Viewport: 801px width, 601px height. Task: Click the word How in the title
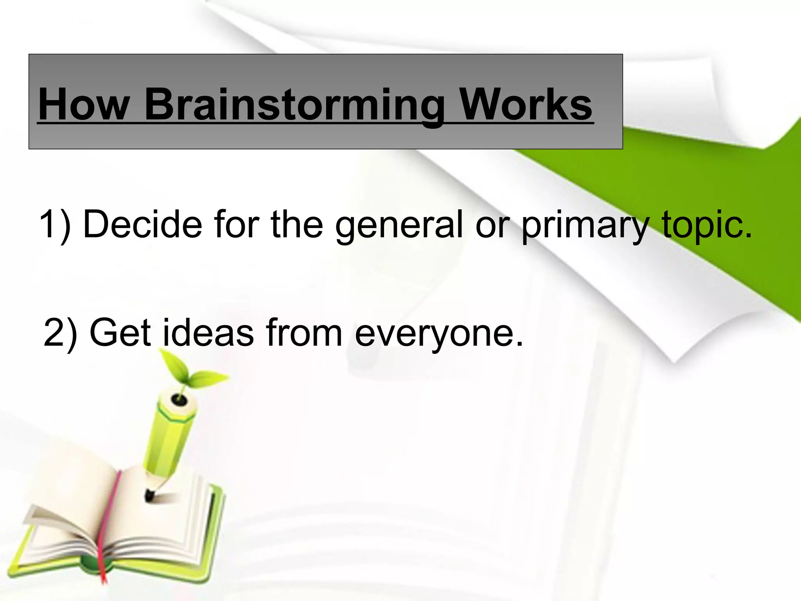(x=84, y=104)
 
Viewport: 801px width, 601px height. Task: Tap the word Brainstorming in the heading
(x=294, y=105)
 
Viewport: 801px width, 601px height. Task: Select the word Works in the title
(x=526, y=104)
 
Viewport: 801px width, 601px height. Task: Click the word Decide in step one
(x=143, y=224)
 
